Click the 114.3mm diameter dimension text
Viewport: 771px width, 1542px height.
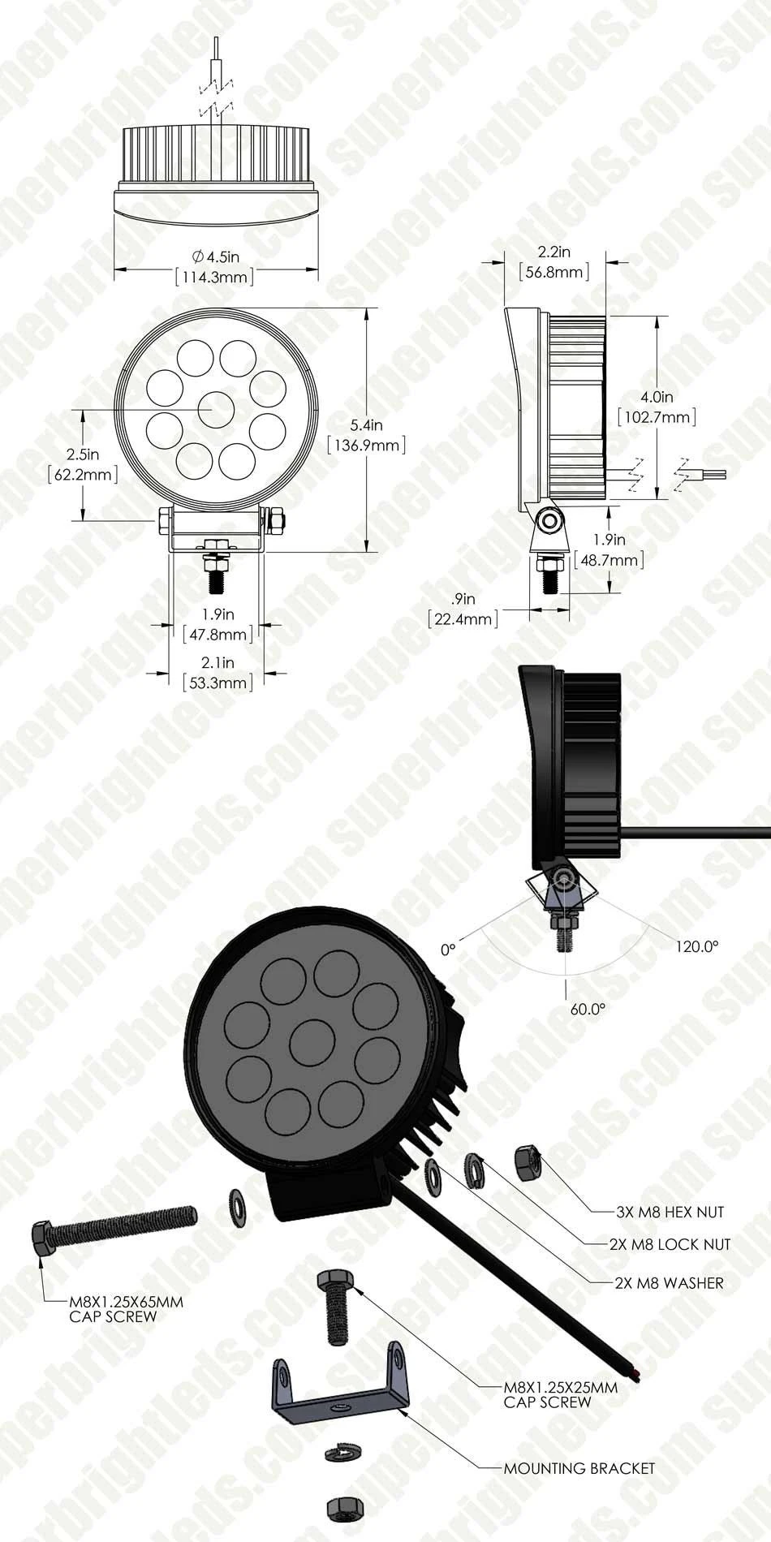tap(215, 277)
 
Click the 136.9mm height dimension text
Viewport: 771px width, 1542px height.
tap(365, 445)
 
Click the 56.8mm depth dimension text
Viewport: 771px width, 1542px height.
tap(554, 272)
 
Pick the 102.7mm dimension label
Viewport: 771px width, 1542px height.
tap(657, 417)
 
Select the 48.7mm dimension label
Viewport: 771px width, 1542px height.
tap(609, 560)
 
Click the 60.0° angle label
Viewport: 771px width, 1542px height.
tap(588, 1010)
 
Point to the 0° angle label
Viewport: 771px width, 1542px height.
tap(448, 948)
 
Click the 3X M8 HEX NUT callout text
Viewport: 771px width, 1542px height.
tap(670, 1212)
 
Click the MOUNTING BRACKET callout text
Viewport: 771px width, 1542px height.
tap(579, 1468)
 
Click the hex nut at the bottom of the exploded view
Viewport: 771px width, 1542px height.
tap(341, 1508)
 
